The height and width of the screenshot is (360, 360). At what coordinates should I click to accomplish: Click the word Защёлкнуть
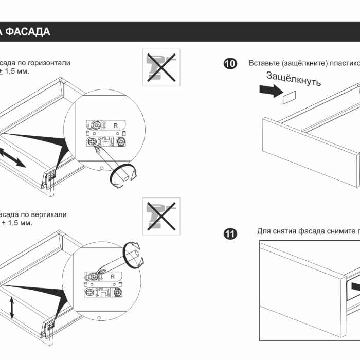point(294,79)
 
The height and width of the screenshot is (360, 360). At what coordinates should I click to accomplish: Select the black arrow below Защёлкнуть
point(269,91)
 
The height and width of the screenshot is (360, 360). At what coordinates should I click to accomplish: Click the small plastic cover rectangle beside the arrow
point(290,97)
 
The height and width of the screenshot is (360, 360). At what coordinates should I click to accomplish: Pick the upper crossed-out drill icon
point(161,67)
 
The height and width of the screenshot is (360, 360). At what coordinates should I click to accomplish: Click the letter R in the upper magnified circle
point(115,125)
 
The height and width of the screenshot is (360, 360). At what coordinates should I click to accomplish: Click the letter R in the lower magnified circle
point(113,277)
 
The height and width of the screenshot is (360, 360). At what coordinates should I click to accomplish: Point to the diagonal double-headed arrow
point(12,156)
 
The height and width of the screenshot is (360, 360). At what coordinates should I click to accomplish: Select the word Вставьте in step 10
point(264,63)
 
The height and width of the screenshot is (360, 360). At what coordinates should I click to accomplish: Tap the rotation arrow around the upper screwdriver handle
point(124,176)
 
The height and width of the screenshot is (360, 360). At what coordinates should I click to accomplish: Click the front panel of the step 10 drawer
point(309,151)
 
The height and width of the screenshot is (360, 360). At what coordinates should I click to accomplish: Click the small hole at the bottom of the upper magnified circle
point(102,168)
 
